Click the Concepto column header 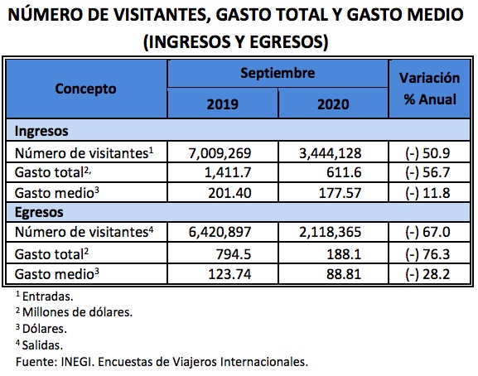(x=86, y=89)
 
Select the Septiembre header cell (x=278, y=74)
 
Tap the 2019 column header (x=221, y=105)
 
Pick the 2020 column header (x=333, y=105)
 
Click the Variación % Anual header (x=429, y=89)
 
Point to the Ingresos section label (x=41, y=131)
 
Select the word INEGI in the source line (x=74, y=361)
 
